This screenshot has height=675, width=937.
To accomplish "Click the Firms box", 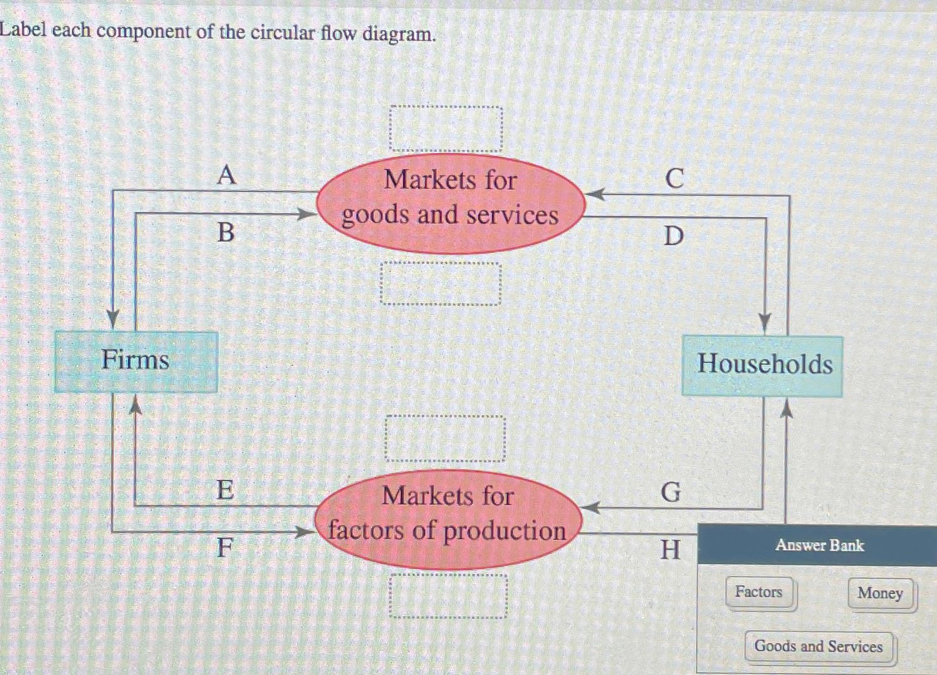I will (x=136, y=362).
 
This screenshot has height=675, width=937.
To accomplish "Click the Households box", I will (x=763, y=366).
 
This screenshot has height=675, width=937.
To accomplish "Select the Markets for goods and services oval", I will (x=450, y=203).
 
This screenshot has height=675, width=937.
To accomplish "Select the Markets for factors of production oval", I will (x=448, y=519).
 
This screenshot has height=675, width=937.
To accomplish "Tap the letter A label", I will (x=226, y=175).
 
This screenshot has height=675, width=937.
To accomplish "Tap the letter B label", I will (x=226, y=233).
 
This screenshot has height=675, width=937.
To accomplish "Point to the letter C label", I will (x=674, y=179).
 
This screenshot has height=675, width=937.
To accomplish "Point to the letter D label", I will (x=674, y=236).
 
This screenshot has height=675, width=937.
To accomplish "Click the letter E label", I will (x=224, y=490).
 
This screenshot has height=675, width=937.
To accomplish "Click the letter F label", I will (x=224, y=548).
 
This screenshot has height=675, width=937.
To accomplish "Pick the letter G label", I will (x=671, y=492).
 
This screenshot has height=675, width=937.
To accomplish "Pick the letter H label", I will (x=670, y=550).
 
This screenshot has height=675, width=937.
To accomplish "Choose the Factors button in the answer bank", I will (x=760, y=592).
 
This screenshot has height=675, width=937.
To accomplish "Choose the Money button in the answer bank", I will (x=880, y=593).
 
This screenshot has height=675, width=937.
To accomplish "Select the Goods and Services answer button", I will (x=819, y=647).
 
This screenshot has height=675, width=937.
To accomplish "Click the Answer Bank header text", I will (x=819, y=545).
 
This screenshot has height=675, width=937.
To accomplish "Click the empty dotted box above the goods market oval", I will (x=446, y=129).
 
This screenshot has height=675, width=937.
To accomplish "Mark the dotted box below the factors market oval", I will (x=448, y=596).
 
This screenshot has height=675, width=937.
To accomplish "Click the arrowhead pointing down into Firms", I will (x=113, y=319).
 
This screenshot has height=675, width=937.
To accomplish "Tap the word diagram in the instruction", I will (x=399, y=33).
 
